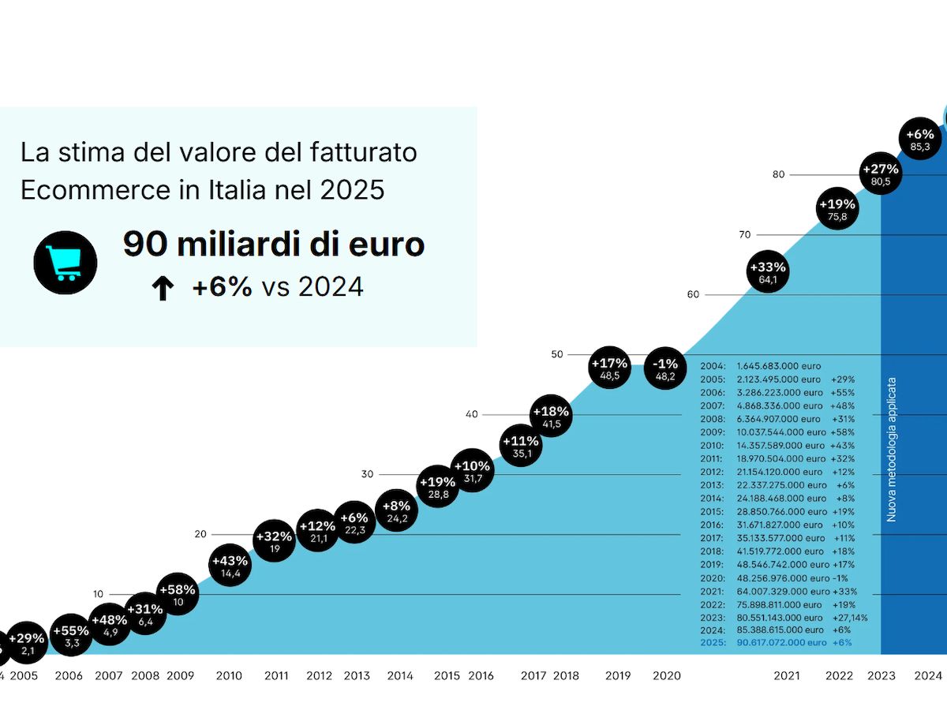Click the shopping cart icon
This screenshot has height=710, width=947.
click(66, 263)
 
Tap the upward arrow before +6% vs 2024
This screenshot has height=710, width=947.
click(162, 290)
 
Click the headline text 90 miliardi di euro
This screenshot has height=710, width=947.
click(273, 245)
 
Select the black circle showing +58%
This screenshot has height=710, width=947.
click(178, 595)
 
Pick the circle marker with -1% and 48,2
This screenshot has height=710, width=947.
click(665, 368)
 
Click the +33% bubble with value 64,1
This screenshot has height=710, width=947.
click(767, 272)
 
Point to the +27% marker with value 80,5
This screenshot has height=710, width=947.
click(880, 174)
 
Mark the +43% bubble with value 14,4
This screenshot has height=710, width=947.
click(230, 566)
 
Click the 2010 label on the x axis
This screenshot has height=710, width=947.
click(229, 676)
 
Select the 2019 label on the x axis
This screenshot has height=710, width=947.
click(618, 676)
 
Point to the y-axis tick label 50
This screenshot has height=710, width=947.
click(557, 354)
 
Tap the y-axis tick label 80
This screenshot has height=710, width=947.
click(778, 174)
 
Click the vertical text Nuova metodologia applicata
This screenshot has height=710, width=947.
click(892, 450)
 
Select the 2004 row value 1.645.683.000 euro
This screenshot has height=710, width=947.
click(778, 366)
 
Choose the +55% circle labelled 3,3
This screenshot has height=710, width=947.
click(71, 636)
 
